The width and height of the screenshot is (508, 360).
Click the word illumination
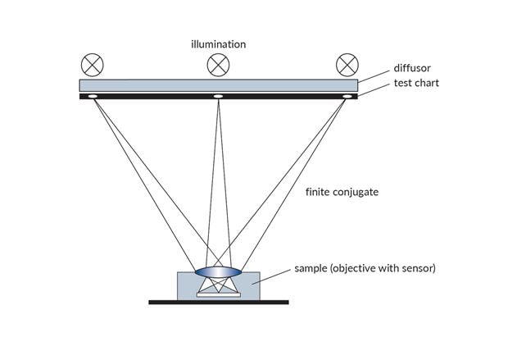click(218, 43)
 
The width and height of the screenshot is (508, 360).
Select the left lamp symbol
click(91, 64)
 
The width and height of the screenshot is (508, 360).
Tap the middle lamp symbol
click(218, 64)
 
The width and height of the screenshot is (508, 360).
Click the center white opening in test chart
click(218, 97)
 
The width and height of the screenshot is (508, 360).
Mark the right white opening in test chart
click(347, 97)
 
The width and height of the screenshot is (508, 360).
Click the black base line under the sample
click(218, 302)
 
